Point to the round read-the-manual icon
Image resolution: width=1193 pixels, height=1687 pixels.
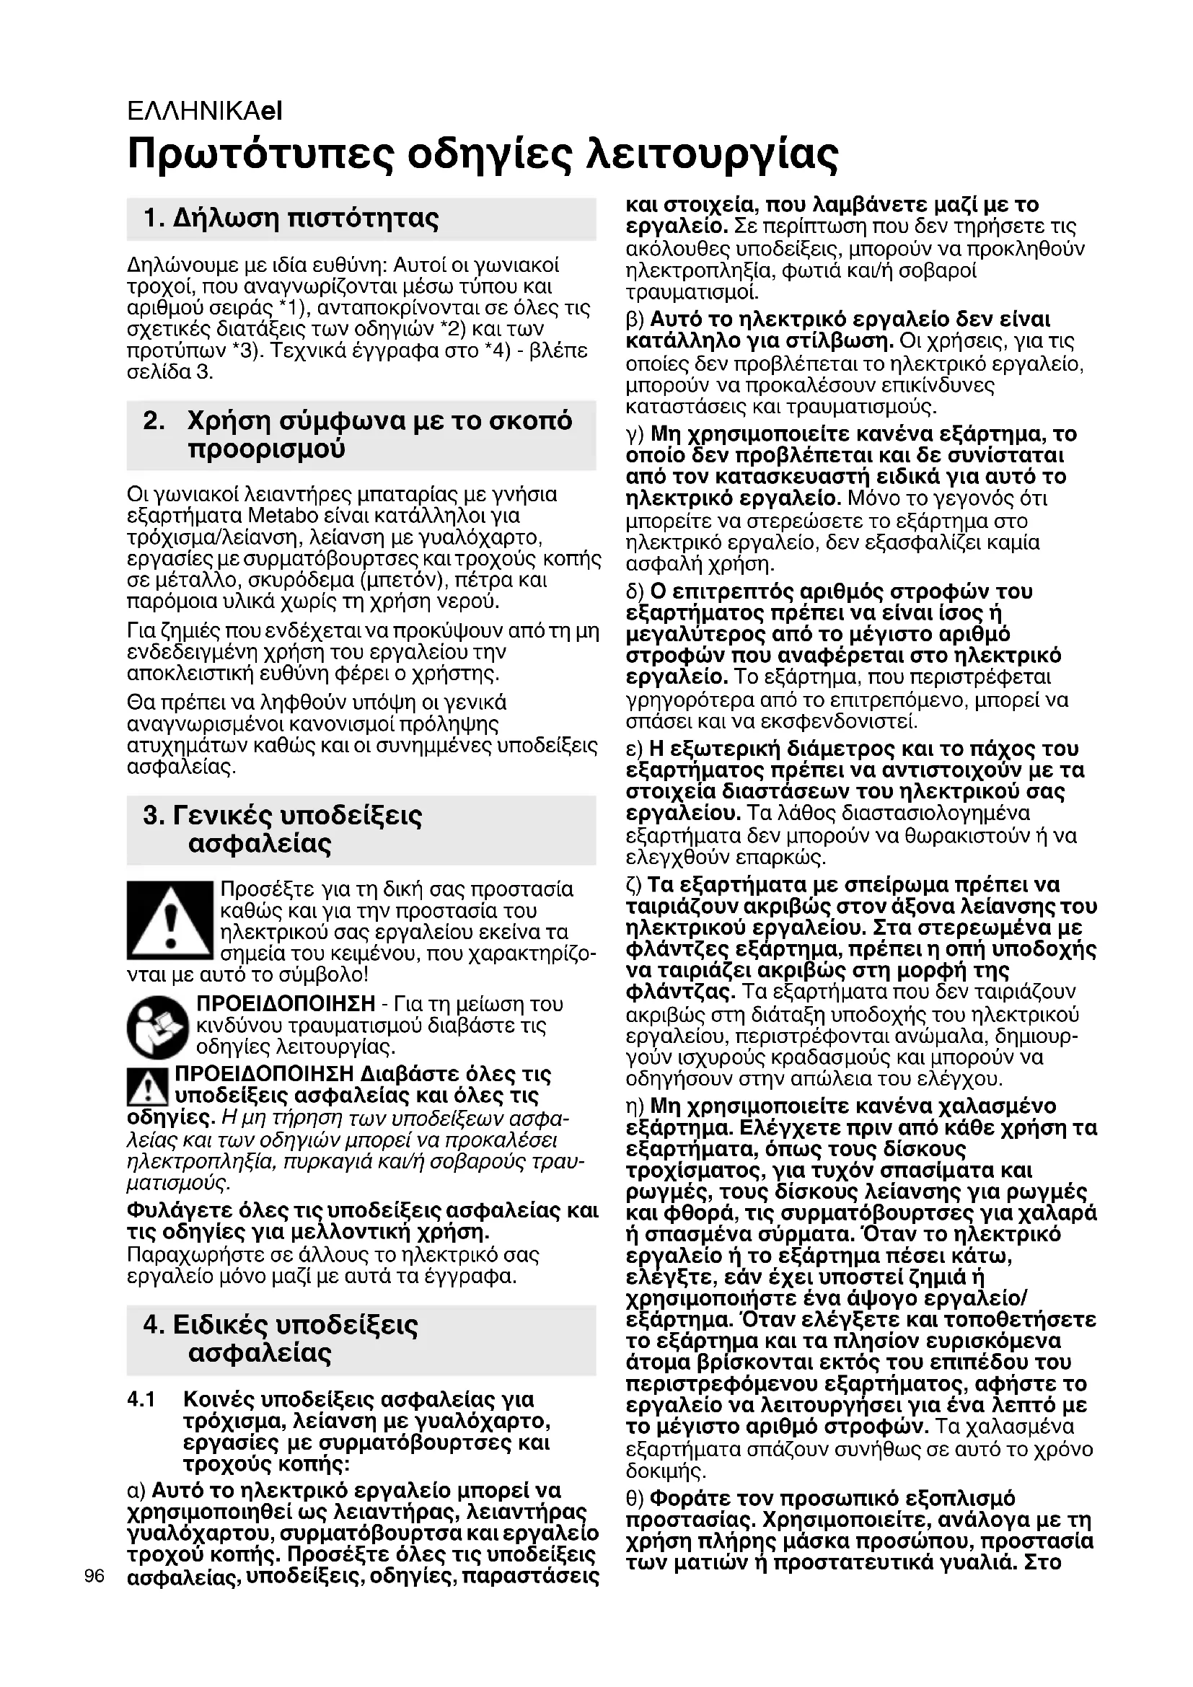[x=158, y=1026]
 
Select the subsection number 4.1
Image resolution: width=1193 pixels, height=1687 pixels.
[x=141, y=1400]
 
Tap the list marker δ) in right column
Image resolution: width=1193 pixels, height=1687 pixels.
[x=635, y=591]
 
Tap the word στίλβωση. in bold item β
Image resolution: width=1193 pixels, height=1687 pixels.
[x=837, y=342]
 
